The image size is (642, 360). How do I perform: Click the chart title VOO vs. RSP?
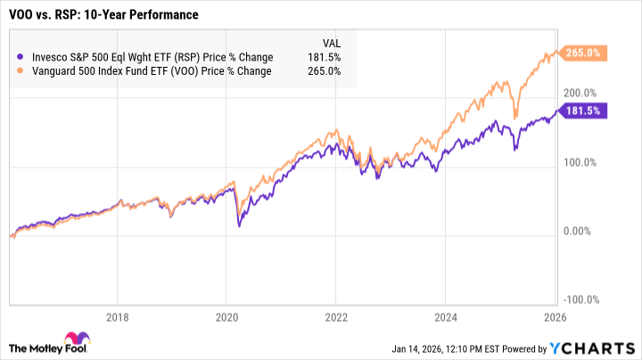pyautogui.click(x=103, y=15)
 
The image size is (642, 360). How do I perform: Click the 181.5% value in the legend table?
pyautogui.click(x=326, y=57)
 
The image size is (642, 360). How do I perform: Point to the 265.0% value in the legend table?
pyautogui.click(x=326, y=71)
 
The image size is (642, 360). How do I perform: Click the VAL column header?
pyautogui.click(x=329, y=42)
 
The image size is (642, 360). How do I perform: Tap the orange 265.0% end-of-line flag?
pyautogui.click(x=585, y=52)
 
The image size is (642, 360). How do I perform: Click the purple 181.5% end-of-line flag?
pyautogui.click(x=585, y=110)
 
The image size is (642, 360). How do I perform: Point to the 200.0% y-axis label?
pyautogui.click(x=580, y=93)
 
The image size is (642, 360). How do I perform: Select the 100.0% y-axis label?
pyautogui.click(x=580, y=162)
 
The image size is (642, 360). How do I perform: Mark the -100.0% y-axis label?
pyautogui.click(x=580, y=300)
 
